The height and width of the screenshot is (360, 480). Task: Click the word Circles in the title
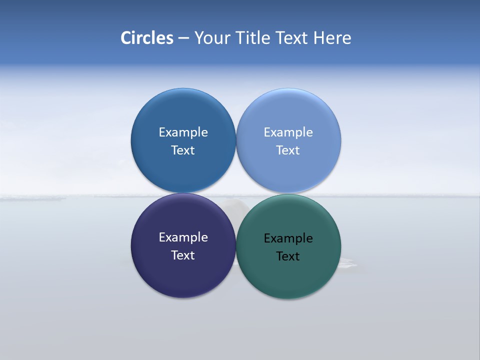point(147,38)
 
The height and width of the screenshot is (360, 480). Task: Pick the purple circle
point(183,275)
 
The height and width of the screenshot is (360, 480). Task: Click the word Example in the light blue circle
point(288,132)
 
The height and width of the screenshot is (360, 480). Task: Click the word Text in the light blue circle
point(288,150)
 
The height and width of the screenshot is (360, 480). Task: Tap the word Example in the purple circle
point(183,237)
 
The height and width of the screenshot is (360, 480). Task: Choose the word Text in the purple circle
point(183,255)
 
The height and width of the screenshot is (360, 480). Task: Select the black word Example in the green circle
point(288,238)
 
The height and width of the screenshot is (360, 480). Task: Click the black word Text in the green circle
point(288,256)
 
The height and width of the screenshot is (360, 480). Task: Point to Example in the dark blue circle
point(183,132)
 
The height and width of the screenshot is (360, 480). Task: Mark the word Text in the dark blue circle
point(183,150)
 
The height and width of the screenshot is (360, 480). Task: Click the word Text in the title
point(293,38)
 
